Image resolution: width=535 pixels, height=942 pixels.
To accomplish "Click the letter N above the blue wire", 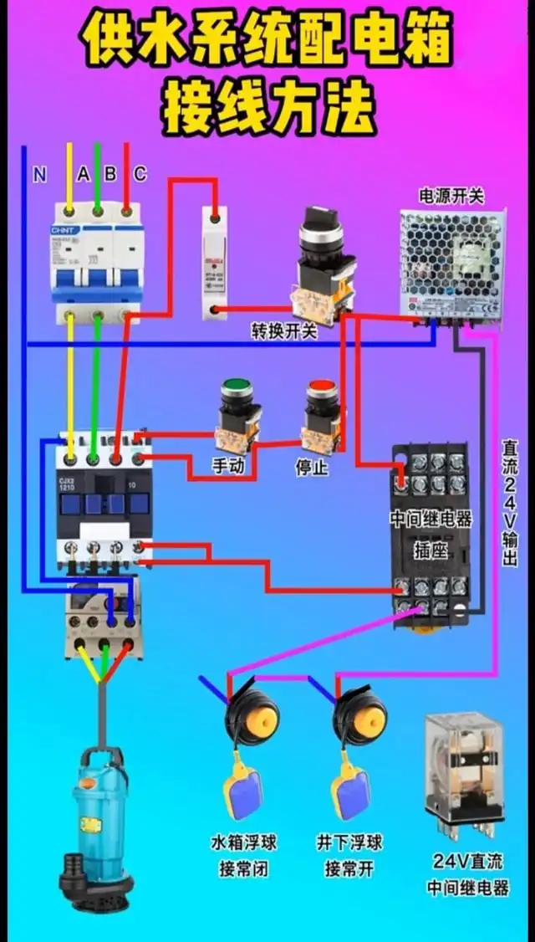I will [39, 174].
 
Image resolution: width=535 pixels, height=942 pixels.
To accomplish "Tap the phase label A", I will [83, 174].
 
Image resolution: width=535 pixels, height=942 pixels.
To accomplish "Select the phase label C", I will [140, 174].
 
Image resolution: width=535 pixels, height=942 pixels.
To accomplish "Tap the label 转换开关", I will [284, 331].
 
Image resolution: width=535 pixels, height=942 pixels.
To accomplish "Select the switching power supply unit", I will [451, 264].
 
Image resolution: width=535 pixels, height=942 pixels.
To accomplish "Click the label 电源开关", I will [451, 196].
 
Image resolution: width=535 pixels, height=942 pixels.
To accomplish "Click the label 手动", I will [228, 466].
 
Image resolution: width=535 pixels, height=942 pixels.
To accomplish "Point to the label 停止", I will [311, 466].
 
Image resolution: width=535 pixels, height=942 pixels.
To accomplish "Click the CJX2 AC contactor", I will [104, 502].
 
